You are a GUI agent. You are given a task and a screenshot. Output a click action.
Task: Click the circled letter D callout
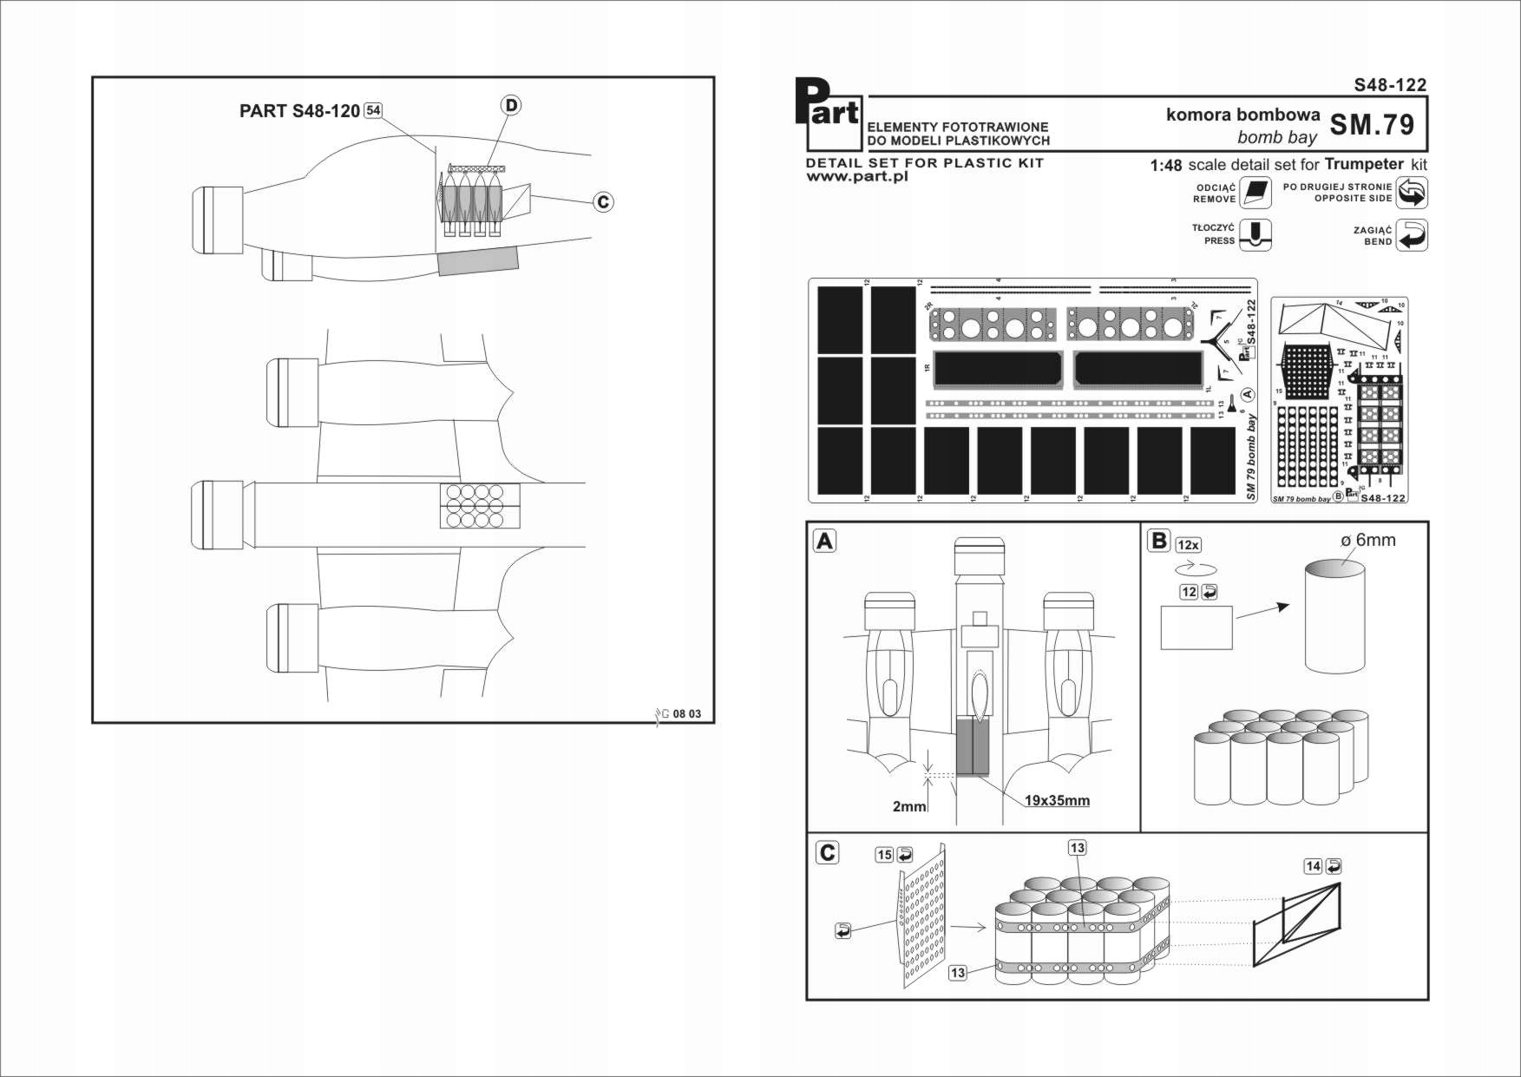(x=511, y=105)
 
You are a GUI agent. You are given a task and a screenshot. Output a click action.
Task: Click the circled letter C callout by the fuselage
(x=603, y=202)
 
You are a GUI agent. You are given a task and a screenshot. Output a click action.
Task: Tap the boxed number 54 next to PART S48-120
(x=373, y=110)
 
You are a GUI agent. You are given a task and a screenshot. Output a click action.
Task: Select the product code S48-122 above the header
(x=1390, y=85)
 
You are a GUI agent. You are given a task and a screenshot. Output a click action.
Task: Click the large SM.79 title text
(x=1372, y=125)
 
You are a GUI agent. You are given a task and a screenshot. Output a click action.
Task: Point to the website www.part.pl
(x=856, y=176)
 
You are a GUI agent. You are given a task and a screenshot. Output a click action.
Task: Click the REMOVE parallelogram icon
(x=1255, y=193)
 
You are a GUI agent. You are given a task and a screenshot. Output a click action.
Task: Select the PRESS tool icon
(x=1255, y=234)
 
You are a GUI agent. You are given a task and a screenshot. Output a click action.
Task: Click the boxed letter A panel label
(x=824, y=542)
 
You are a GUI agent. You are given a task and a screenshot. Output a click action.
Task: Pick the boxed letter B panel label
(x=1158, y=541)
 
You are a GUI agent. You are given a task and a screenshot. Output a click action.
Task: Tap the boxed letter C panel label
(x=828, y=853)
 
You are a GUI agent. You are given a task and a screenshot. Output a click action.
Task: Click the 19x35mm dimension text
(x=1057, y=800)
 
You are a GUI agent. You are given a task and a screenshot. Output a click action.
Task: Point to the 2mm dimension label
(x=909, y=806)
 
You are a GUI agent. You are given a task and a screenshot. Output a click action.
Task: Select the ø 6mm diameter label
(x=1368, y=540)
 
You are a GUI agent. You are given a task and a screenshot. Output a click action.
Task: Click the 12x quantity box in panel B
(x=1189, y=545)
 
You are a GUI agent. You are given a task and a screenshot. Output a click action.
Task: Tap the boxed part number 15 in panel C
(x=884, y=855)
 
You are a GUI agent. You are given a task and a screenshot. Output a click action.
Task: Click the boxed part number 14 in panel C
(x=1314, y=866)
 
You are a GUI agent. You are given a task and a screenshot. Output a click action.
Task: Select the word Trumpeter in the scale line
(x=1364, y=164)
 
